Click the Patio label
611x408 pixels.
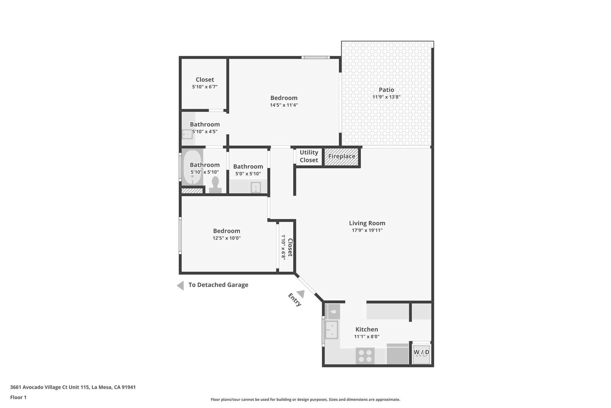386,90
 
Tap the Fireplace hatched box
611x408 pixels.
342,157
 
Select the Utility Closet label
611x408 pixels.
309,156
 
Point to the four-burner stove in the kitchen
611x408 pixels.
365,356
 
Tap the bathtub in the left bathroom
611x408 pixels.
192,167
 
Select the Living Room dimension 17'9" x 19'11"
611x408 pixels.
367,230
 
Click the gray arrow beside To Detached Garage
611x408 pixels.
180,286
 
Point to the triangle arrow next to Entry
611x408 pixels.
301,294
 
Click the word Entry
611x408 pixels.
294,300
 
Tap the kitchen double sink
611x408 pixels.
331,330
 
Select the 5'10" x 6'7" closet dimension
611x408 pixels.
205,87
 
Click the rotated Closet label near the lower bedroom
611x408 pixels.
290,247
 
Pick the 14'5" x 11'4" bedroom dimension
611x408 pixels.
284,105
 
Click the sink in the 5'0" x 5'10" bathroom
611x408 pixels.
256,188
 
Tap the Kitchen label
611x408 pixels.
367,329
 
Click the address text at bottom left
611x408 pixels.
73,387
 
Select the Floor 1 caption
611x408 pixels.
18,398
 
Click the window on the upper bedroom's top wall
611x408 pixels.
315,57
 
